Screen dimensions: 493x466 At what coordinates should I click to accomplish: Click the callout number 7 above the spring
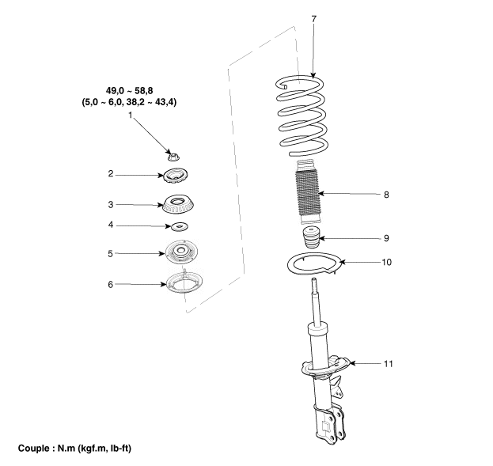(314, 19)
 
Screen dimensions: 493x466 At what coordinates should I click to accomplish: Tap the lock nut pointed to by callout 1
(173, 157)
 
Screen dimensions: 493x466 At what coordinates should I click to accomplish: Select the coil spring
(301, 116)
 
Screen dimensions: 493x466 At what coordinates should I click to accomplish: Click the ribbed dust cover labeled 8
(308, 192)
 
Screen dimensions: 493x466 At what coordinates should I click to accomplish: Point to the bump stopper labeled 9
(311, 237)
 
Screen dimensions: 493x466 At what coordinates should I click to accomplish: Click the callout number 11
(389, 364)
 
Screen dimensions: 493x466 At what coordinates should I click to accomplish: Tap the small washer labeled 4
(179, 226)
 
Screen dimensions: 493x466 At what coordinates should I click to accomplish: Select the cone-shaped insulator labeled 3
(178, 206)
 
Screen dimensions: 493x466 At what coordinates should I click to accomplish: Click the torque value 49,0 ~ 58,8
(130, 91)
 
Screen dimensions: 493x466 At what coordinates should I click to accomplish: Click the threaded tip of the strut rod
(314, 285)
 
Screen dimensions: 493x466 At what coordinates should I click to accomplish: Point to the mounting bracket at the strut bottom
(330, 423)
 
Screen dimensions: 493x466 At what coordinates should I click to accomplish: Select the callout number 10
(387, 262)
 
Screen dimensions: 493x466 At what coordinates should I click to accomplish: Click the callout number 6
(110, 284)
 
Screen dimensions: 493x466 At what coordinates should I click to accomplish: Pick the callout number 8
(386, 195)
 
